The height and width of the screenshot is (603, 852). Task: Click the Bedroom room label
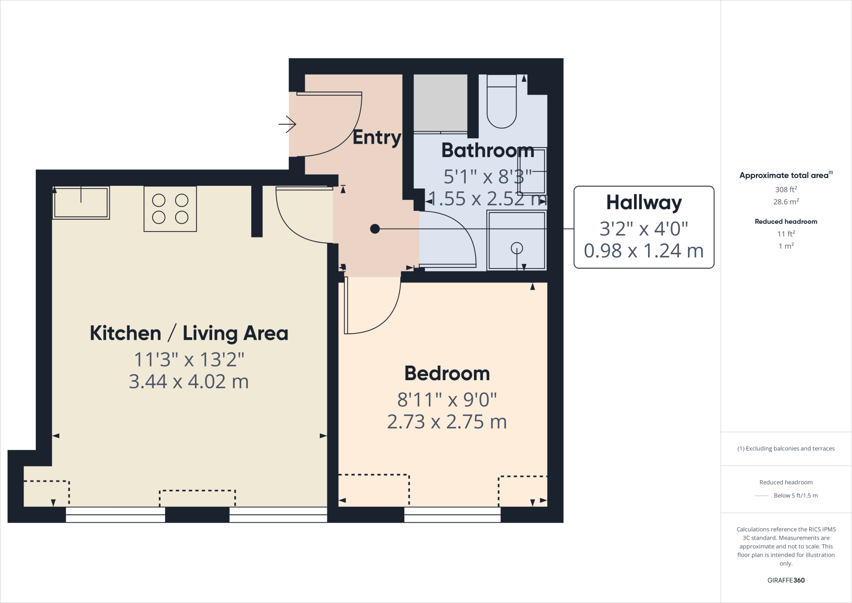(447, 373)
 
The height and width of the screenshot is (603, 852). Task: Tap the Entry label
(376, 137)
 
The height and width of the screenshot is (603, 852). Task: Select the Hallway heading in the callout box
(644, 203)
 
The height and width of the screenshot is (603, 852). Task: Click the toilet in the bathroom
(501, 102)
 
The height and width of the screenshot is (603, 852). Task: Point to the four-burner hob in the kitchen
(170, 209)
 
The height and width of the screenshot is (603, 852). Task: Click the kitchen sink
(81, 202)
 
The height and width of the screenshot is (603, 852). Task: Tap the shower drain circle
(517, 248)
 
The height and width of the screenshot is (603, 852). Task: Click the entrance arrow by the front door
(287, 124)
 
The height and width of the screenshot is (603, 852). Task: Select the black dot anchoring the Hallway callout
(375, 229)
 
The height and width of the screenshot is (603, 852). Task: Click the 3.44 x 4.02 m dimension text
(188, 381)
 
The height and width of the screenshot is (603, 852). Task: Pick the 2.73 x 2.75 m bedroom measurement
(447, 422)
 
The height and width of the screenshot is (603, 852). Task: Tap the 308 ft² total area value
(786, 189)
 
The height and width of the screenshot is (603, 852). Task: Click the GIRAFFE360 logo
(786, 580)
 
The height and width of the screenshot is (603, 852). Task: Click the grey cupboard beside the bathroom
(440, 102)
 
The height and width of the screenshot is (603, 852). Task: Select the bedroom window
(452, 515)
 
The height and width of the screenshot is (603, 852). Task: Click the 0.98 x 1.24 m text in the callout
(644, 251)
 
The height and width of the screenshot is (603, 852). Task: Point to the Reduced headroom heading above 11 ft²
(786, 222)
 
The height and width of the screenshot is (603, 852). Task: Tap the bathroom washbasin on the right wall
(532, 171)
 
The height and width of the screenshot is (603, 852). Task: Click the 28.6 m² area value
(786, 202)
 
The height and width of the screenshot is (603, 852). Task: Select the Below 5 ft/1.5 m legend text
(795, 496)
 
